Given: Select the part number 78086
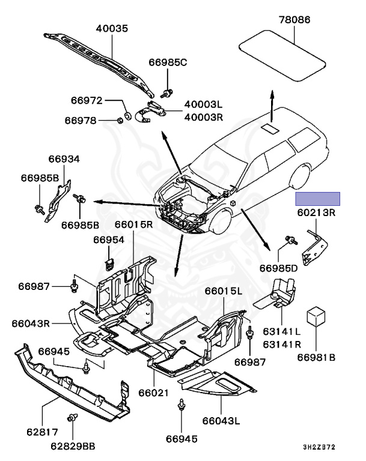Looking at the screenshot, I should pyautogui.click(x=294, y=20).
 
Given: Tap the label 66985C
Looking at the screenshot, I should pyautogui.click(x=169, y=62).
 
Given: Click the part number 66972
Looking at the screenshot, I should pyautogui.click(x=87, y=100).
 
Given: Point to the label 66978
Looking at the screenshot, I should pyautogui.click(x=81, y=120).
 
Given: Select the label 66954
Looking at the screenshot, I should pyautogui.click(x=108, y=240).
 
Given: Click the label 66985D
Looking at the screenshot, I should pyautogui.click(x=278, y=267).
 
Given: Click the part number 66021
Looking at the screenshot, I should pyautogui.click(x=155, y=393).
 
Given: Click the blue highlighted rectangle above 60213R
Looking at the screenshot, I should pyautogui.click(x=317, y=199).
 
